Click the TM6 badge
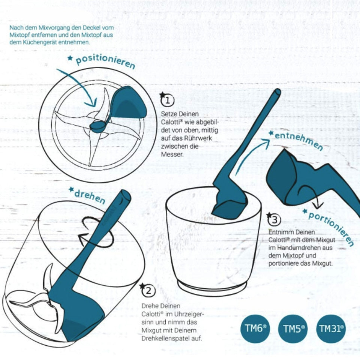[x=255, y=327]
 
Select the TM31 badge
[x=331, y=328]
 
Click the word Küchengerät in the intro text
[x=34, y=42]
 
